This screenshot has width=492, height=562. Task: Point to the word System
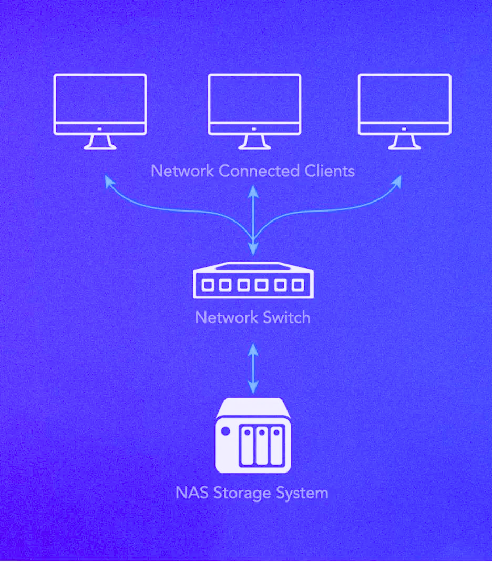pos(303,494)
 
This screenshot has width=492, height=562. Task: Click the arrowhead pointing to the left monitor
pos(109,181)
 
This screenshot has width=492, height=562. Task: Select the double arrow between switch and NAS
pos(253,369)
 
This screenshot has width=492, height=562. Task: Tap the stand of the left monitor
pos(100,142)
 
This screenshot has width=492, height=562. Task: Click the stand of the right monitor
pos(404,142)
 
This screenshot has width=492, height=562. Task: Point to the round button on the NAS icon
pos(226,431)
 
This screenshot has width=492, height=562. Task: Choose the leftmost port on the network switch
pos(208,285)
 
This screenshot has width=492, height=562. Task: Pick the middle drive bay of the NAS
pos(262,446)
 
